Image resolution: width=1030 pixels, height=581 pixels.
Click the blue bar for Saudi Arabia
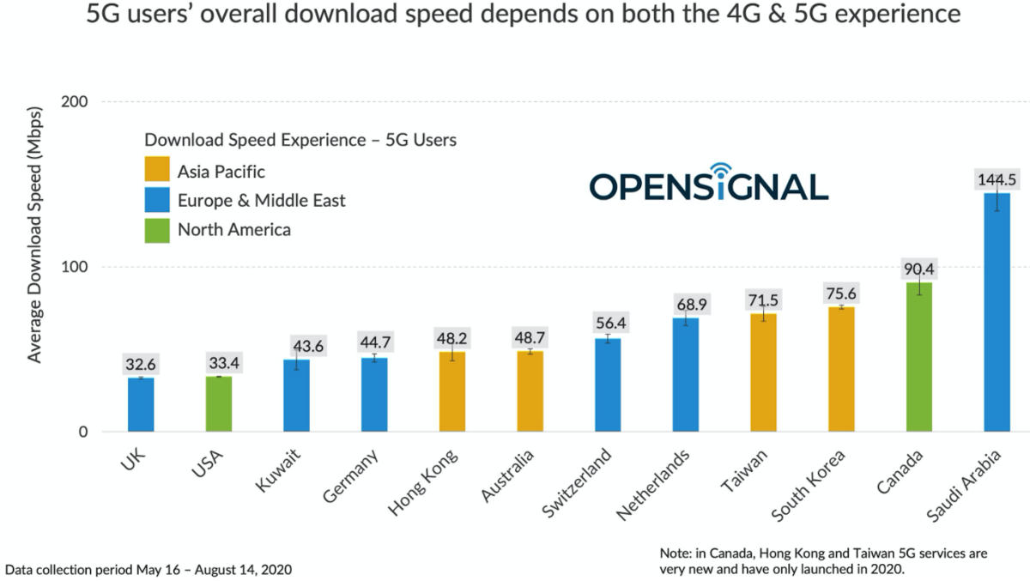pos(997,312)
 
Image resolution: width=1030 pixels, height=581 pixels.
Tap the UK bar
pos(141,404)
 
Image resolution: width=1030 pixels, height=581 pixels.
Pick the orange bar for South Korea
pos(841,369)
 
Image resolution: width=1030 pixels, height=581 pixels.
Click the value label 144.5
pos(997,180)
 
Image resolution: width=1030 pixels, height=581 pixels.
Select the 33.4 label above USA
pos(219,362)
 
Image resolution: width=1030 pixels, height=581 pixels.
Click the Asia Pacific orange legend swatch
pos(157,171)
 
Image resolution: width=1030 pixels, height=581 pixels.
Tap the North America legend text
pos(234,229)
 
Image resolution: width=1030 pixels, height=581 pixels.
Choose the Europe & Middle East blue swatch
pos(157,200)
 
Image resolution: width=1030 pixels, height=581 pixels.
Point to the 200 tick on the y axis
pos(76,101)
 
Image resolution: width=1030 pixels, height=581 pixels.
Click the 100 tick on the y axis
pos(76,267)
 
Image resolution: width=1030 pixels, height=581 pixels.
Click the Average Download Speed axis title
pos(35,245)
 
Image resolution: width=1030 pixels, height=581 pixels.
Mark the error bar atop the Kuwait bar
pos(297,360)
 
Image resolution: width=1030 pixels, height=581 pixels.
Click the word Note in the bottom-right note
pos(676,554)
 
